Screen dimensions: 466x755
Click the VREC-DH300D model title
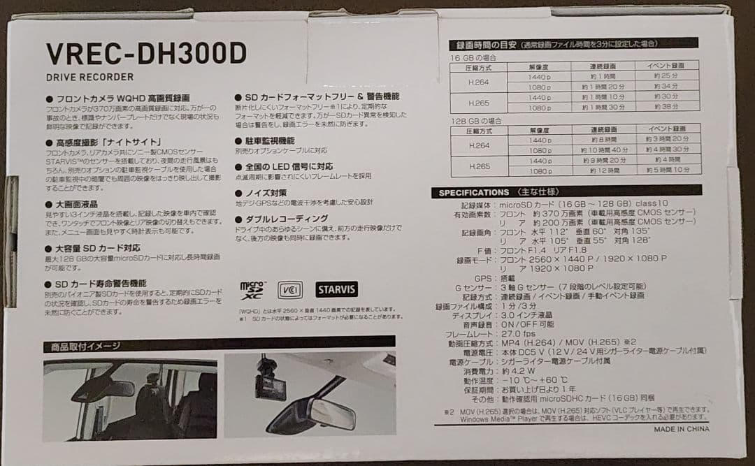[146, 53]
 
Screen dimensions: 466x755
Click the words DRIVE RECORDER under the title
[89, 78]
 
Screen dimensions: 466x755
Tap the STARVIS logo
[336, 289]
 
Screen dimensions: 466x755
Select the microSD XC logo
[253, 289]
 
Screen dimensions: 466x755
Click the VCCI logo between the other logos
[290, 289]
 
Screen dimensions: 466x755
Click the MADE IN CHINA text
[681, 429]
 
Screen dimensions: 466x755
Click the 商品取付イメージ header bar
[218, 345]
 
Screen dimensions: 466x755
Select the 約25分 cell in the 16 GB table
[668, 76]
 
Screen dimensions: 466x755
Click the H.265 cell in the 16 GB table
[478, 103]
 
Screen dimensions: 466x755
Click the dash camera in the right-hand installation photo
[269, 381]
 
